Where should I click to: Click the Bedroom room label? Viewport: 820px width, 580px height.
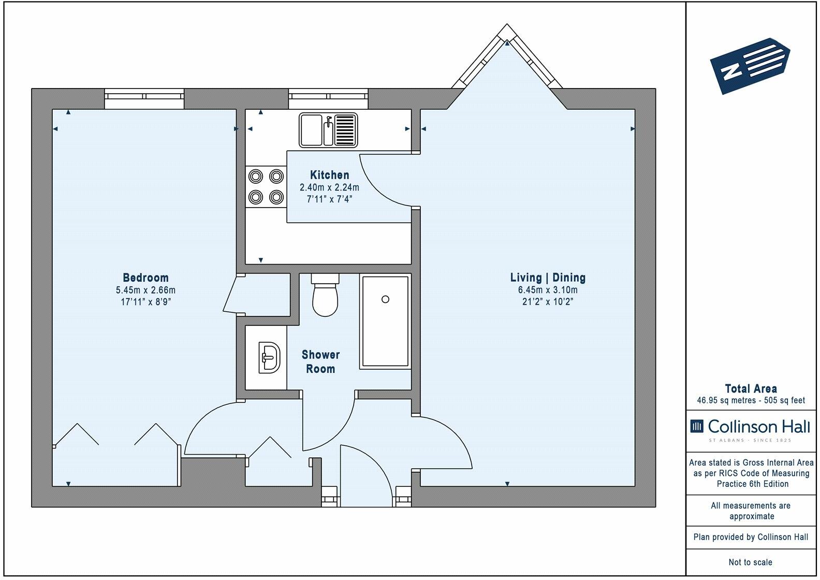pyautogui.click(x=145, y=278)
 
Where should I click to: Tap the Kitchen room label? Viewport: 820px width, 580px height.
pyautogui.click(x=329, y=175)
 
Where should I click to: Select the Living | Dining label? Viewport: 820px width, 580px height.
pyautogui.click(x=548, y=278)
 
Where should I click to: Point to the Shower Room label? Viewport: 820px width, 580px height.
pyautogui.click(x=320, y=362)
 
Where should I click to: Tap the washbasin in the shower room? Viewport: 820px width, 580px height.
pyautogui.click(x=269, y=358)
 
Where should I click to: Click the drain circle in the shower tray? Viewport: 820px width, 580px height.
pyautogui.click(x=385, y=299)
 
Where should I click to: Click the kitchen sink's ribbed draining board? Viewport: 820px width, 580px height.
pyautogui.click(x=345, y=130)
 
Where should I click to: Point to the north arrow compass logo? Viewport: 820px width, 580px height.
pyautogui.click(x=750, y=66)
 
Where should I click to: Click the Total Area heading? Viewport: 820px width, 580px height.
pyautogui.click(x=751, y=388)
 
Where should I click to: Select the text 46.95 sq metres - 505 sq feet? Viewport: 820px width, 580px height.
pyautogui.click(x=751, y=400)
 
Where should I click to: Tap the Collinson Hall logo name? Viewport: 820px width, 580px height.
pyautogui.click(x=758, y=427)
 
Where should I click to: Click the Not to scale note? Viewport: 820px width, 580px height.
pyautogui.click(x=751, y=562)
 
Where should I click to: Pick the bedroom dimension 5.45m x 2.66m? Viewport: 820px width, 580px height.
pyautogui.click(x=145, y=290)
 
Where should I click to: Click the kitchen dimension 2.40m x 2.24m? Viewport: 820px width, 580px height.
pyautogui.click(x=329, y=187)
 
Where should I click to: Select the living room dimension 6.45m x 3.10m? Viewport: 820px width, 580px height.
pyautogui.click(x=548, y=290)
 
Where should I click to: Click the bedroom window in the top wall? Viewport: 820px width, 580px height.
pyautogui.click(x=144, y=98)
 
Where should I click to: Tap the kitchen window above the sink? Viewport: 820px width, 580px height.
pyautogui.click(x=328, y=98)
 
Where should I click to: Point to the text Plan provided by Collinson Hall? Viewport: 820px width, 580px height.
pyautogui.click(x=751, y=537)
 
